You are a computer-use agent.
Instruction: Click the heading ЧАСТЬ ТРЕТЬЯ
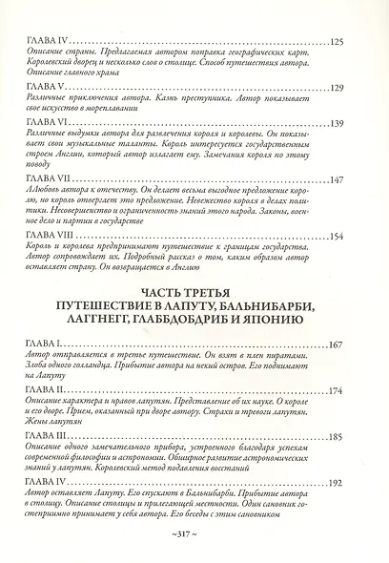[x=194, y=293]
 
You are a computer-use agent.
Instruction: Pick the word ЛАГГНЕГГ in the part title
[x=109, y=326]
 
